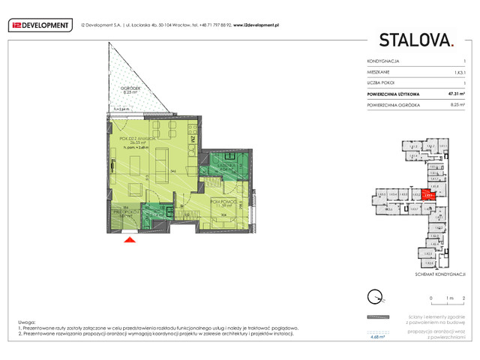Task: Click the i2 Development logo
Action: tap(40, 25)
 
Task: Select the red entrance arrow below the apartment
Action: tap(129, 239)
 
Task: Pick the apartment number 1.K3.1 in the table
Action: tap(458, 72)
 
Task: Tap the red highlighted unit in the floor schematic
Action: tap(427, 194)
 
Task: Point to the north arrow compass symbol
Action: tap(373, 296)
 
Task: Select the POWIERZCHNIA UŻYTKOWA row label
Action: tap(393, 94)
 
